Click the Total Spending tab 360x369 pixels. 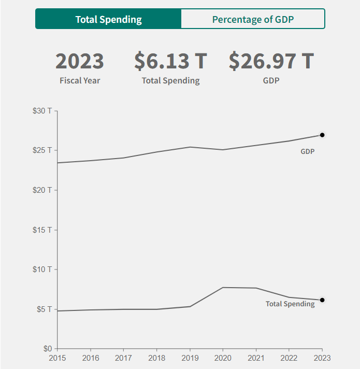[x=108, y=19]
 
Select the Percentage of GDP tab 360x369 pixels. [x=253, y=19]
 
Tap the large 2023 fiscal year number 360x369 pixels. [x=80, y=61]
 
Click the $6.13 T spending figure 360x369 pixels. [x=170, y=61]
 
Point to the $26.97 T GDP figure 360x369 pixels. [x=271, y=61]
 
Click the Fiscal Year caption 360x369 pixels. [x=80, y=80]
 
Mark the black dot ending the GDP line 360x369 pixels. [x=322, y=135]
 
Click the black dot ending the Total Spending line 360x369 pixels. [x=322, y=300]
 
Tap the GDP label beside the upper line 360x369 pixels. [x=308, y=152]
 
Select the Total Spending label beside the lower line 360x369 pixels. [x=290, y=304]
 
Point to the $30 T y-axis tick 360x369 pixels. [x=43, y=111]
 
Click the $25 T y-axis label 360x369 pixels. [x=43, y=150]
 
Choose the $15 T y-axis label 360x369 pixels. [x=43, y=230]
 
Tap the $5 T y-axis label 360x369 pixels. [x=45, y=309]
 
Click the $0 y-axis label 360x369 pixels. [x=48, y=349]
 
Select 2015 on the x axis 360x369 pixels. [x=57, y=358]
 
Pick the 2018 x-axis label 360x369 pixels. [x=156, y=358]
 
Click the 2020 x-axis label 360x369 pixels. [x=223, y=358]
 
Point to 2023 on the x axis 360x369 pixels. [x=322, y=358]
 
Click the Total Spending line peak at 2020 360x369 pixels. [x=223, y=287]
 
